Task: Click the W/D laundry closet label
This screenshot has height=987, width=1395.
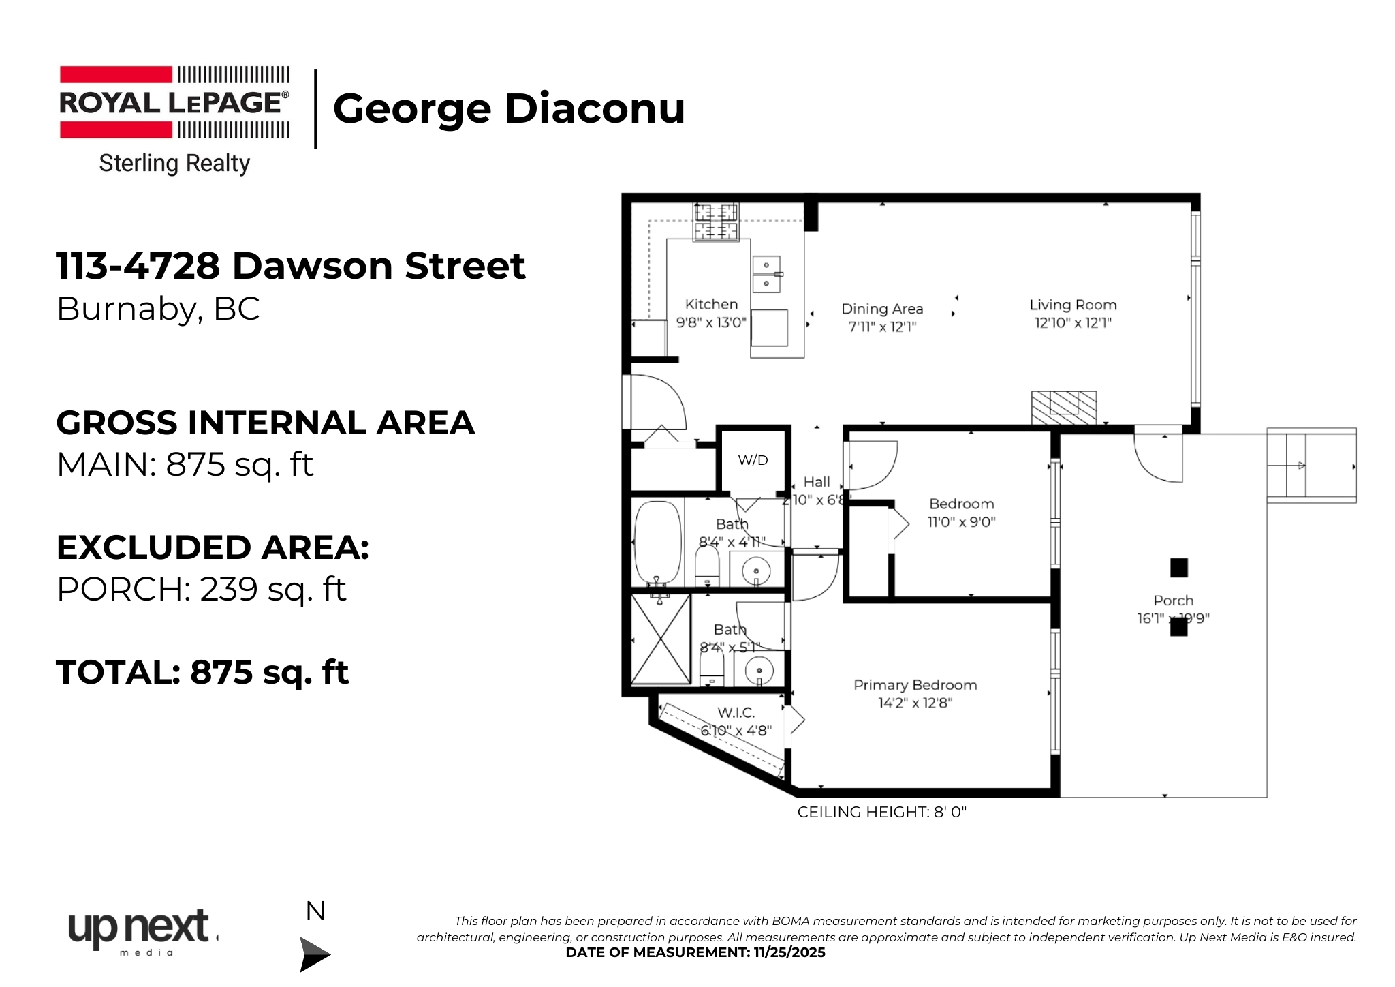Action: click(x=753, y=460)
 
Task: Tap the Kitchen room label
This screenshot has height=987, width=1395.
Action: click(x=711, y=305)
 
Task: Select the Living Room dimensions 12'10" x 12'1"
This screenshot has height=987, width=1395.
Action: click(x=1073, y=323)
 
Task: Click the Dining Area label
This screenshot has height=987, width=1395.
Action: click(x=882, y=309)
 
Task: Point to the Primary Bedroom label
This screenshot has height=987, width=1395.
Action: click(x=915, y=685)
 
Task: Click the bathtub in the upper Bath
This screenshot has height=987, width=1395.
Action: click(x=657, y=543)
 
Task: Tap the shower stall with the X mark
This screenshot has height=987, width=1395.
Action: click(x=660, y=639)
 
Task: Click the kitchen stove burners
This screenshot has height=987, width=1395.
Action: click(x=715, y=222)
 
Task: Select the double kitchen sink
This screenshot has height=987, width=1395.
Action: click(x=766, y=274)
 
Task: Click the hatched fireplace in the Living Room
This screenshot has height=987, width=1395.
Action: click(x=1063, y=408)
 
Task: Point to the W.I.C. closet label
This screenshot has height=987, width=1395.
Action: click(x=736, y=713)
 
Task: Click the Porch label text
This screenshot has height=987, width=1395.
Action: click(x=1173, y=601)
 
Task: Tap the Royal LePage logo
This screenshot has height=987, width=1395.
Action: click(x=174, y=103)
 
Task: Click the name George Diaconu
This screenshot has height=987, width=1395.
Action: click(x=509, y=108)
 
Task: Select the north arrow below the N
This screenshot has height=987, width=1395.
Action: click(x=314, y=954)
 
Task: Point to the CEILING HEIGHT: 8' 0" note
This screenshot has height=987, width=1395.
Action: click(x=881, y=812)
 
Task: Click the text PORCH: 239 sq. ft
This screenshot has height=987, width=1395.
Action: click(x=202, y=589)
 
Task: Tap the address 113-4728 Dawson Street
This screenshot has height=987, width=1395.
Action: click(x=291, y=265)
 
